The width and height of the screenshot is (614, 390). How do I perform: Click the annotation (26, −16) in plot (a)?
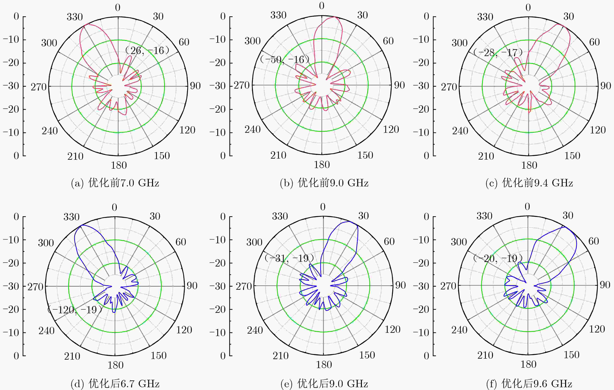pos(147,51)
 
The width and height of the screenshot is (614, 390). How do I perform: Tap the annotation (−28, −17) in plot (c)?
pos(498,52)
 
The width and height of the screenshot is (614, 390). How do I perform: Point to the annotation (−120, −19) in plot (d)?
pos(75,310)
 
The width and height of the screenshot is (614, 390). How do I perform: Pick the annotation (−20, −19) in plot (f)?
pos(498,258)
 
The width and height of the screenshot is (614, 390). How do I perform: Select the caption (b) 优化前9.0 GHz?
pos(324,183)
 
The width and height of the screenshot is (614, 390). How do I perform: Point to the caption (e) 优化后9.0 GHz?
pos(324,384)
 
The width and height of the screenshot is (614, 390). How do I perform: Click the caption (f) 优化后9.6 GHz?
pos(529,384)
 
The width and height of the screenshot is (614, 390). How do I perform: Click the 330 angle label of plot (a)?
pos(75,17)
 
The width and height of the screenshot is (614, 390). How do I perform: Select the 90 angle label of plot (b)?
pos(399,85)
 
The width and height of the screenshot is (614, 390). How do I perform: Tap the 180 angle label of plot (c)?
pos(529,165)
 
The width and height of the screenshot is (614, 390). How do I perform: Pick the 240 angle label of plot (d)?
pos(46,331)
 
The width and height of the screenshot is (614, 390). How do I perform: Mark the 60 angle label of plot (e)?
pos(389,241)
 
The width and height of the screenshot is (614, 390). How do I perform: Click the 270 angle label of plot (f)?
pos(448,286)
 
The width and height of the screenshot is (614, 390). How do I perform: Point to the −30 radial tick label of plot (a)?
pos(11,86)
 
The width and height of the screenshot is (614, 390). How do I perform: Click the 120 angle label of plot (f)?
pos(597,329)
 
